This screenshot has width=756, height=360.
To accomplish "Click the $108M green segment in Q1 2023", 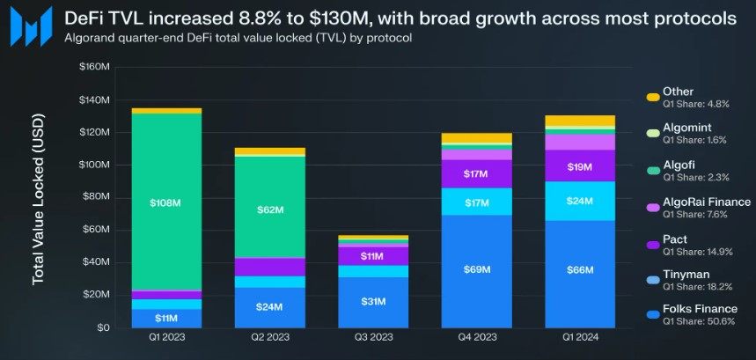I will [x=165, y=202].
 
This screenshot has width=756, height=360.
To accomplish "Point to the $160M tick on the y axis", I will [x=94, y=67].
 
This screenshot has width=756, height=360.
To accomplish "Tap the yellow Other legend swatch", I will [x=652, y=97].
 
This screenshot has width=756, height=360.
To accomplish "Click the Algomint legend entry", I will [x=687, y=129].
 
